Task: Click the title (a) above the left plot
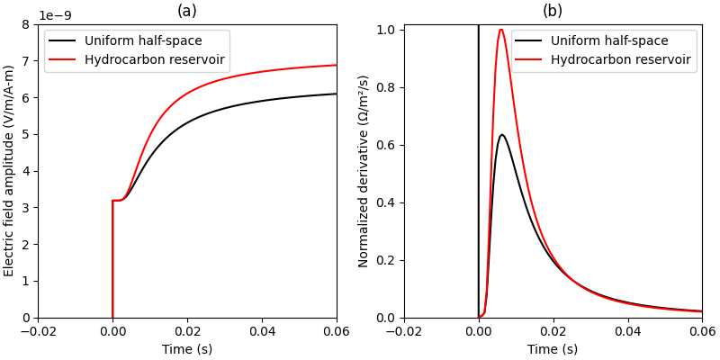(187, 11)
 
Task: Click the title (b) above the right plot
(553, 11)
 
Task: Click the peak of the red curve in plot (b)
(501, 30)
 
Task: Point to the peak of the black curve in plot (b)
(501, 135)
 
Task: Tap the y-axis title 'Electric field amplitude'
(10, 171)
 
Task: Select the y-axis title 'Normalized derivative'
(364, 171)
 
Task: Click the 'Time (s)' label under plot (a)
(187, 349)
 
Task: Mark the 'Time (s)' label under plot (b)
(553, 349)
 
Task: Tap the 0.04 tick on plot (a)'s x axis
(262, 330)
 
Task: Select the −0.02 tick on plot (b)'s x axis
(404, 330)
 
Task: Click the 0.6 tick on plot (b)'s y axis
(384, 145)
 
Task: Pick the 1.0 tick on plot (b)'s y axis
(384, 30)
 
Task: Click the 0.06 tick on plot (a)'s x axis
(336, 330)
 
